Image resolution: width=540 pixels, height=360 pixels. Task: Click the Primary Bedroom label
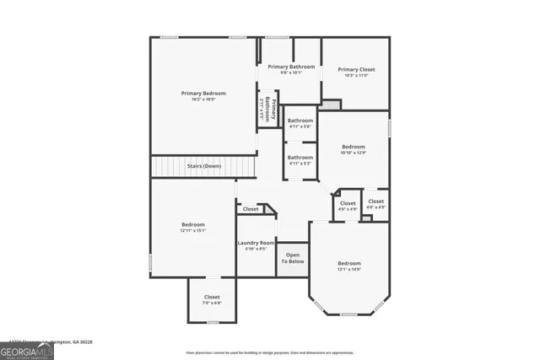(203, 93)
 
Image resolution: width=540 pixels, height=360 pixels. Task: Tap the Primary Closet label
(356, 69)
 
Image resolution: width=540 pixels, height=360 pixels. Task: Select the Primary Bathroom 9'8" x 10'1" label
(291, 67)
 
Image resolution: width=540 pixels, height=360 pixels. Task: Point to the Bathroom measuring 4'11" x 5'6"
(300, 121)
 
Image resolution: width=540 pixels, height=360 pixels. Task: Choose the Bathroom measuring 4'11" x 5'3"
(300, 158)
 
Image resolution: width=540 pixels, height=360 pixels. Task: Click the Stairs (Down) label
(203, 166)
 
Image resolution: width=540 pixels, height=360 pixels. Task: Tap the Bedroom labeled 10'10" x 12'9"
(353, 147)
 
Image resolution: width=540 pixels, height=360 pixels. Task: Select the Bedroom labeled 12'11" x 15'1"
(193, 224)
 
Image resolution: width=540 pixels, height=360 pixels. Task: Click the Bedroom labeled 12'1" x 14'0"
(349, 263)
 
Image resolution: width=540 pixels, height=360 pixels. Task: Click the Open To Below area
(293, 258)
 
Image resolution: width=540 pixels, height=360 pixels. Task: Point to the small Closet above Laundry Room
(251, 208)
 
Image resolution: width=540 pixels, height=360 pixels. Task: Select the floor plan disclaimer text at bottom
(269, 352)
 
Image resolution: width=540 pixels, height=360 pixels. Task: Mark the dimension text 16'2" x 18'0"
(203, 99)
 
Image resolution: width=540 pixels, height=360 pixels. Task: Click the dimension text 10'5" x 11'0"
(356, 76)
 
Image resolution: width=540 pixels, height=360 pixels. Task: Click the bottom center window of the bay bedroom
(348, 314)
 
